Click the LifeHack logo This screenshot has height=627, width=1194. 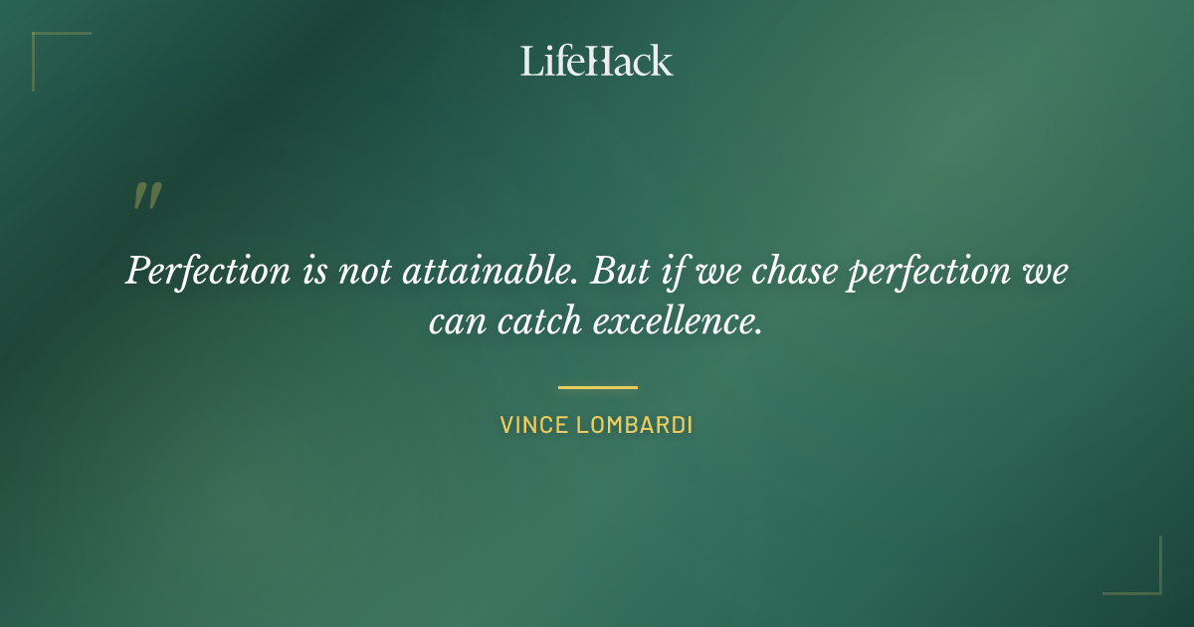pyautogui.click(x=596, y=61)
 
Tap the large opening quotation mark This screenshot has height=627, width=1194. pyautogui.click(x=147, y=196)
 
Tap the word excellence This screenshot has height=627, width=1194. pyautogui.click(x=678, y=321)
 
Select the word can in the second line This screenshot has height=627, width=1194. pyautogui.click(x=454, y=321)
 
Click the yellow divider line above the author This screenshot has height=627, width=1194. pyautogui.click(x=597, y=387)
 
